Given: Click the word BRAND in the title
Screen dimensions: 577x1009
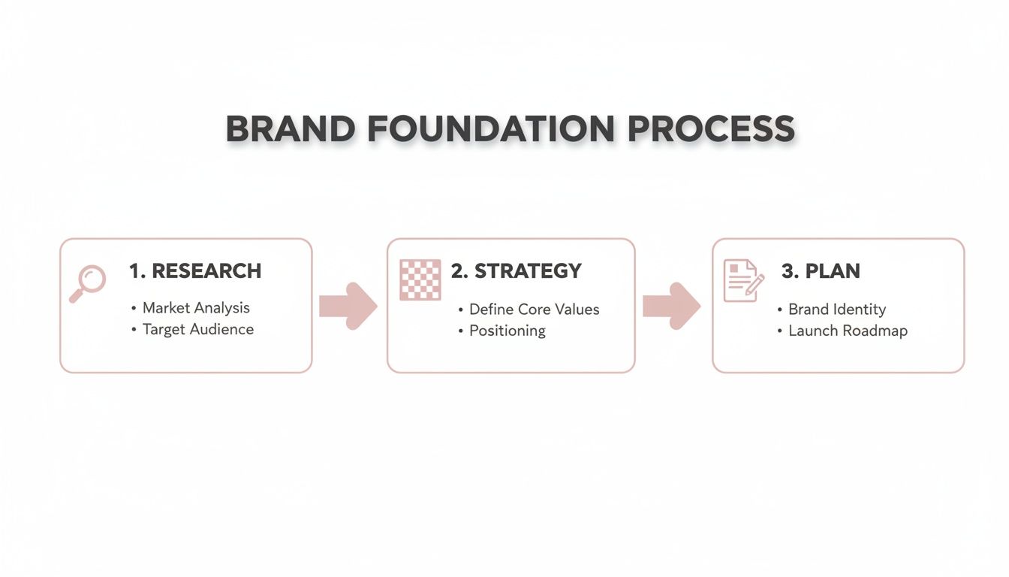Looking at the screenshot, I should click(290, 128).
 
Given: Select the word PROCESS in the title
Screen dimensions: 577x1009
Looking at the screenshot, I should click(711, 128).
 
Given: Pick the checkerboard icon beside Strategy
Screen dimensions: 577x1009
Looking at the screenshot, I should click(420, 280).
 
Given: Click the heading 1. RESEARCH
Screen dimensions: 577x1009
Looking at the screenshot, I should click(195, 271).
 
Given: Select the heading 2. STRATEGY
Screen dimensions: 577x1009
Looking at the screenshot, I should click(517, 271).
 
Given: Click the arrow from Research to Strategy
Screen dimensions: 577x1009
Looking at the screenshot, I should click(348, 306).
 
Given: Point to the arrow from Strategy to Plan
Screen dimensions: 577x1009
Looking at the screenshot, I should click(671, 306).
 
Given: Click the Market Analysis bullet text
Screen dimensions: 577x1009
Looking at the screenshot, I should click(196, 308).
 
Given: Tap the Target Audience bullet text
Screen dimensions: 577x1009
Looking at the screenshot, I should click(198, 329).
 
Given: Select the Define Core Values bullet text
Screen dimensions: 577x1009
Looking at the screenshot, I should click(534, 310).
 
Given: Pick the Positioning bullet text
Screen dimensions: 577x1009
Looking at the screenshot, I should click(507, 331).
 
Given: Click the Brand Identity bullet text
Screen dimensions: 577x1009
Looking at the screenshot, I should click(836, 310).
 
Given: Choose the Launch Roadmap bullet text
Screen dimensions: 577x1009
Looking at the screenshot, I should click(848, 331).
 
